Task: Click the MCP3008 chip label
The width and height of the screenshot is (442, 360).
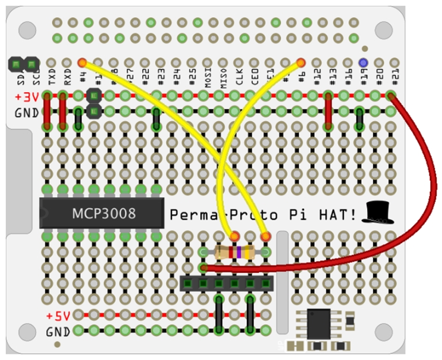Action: coord(104,214)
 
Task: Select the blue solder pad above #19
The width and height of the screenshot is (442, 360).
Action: coord(363,62)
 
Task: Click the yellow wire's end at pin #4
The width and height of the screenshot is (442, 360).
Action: coord(82,62)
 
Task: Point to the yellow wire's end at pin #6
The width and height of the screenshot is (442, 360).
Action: coord(300,62)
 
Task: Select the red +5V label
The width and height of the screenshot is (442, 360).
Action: coord(58,316)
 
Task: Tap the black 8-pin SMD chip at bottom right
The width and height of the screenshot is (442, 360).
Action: coord(318,324)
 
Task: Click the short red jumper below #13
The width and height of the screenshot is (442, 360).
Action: coord(328,110)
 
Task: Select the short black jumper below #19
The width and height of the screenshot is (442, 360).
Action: coord(359,119)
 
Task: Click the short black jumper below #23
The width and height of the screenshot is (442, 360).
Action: coord(156,119)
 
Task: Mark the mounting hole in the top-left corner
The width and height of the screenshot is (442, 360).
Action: coord(27,29)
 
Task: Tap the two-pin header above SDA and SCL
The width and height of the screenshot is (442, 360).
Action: coord(23,63)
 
